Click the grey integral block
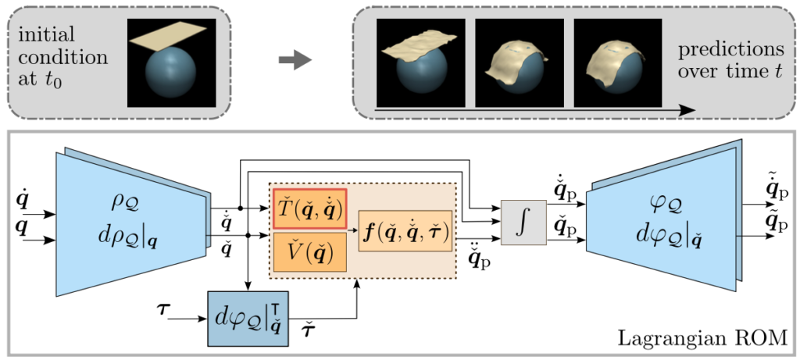(523, 222)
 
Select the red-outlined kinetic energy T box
(310, 209)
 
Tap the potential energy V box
(310, 252)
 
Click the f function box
(405, 232)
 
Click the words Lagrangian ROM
(700, 337)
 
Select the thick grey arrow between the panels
(295, 61)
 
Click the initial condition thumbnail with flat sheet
(171, 62)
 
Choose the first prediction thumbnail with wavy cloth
(421, 62)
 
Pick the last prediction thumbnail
(618, 62)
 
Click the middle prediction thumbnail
(520, 62)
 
